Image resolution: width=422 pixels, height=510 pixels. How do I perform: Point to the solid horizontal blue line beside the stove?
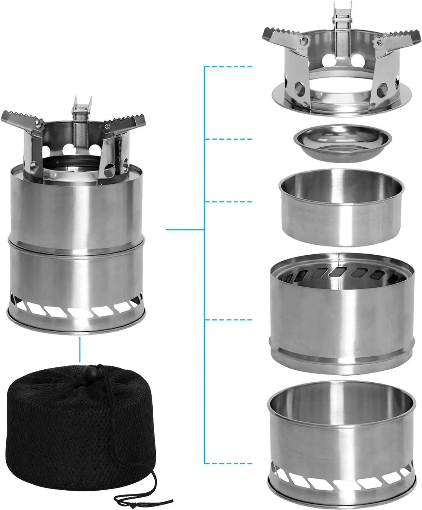185,230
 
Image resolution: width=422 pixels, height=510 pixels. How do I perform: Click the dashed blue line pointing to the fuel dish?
229,139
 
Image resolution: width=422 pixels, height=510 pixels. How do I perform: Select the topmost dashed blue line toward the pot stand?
229,66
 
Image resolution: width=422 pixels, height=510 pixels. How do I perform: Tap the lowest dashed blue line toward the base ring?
229,463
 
